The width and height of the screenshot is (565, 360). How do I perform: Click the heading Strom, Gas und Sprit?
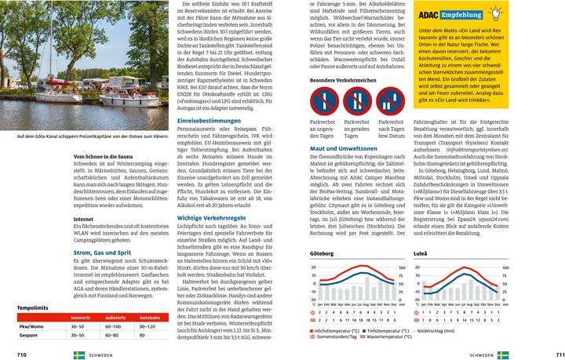tap(102, 253)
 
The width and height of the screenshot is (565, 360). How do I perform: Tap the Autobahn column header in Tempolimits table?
tap(150, 317)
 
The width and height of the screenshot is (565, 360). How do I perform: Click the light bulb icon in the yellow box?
tap(496, 13)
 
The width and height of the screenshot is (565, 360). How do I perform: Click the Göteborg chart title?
tap(322, 253)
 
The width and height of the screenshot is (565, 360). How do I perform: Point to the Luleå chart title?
tap(421, 253)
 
